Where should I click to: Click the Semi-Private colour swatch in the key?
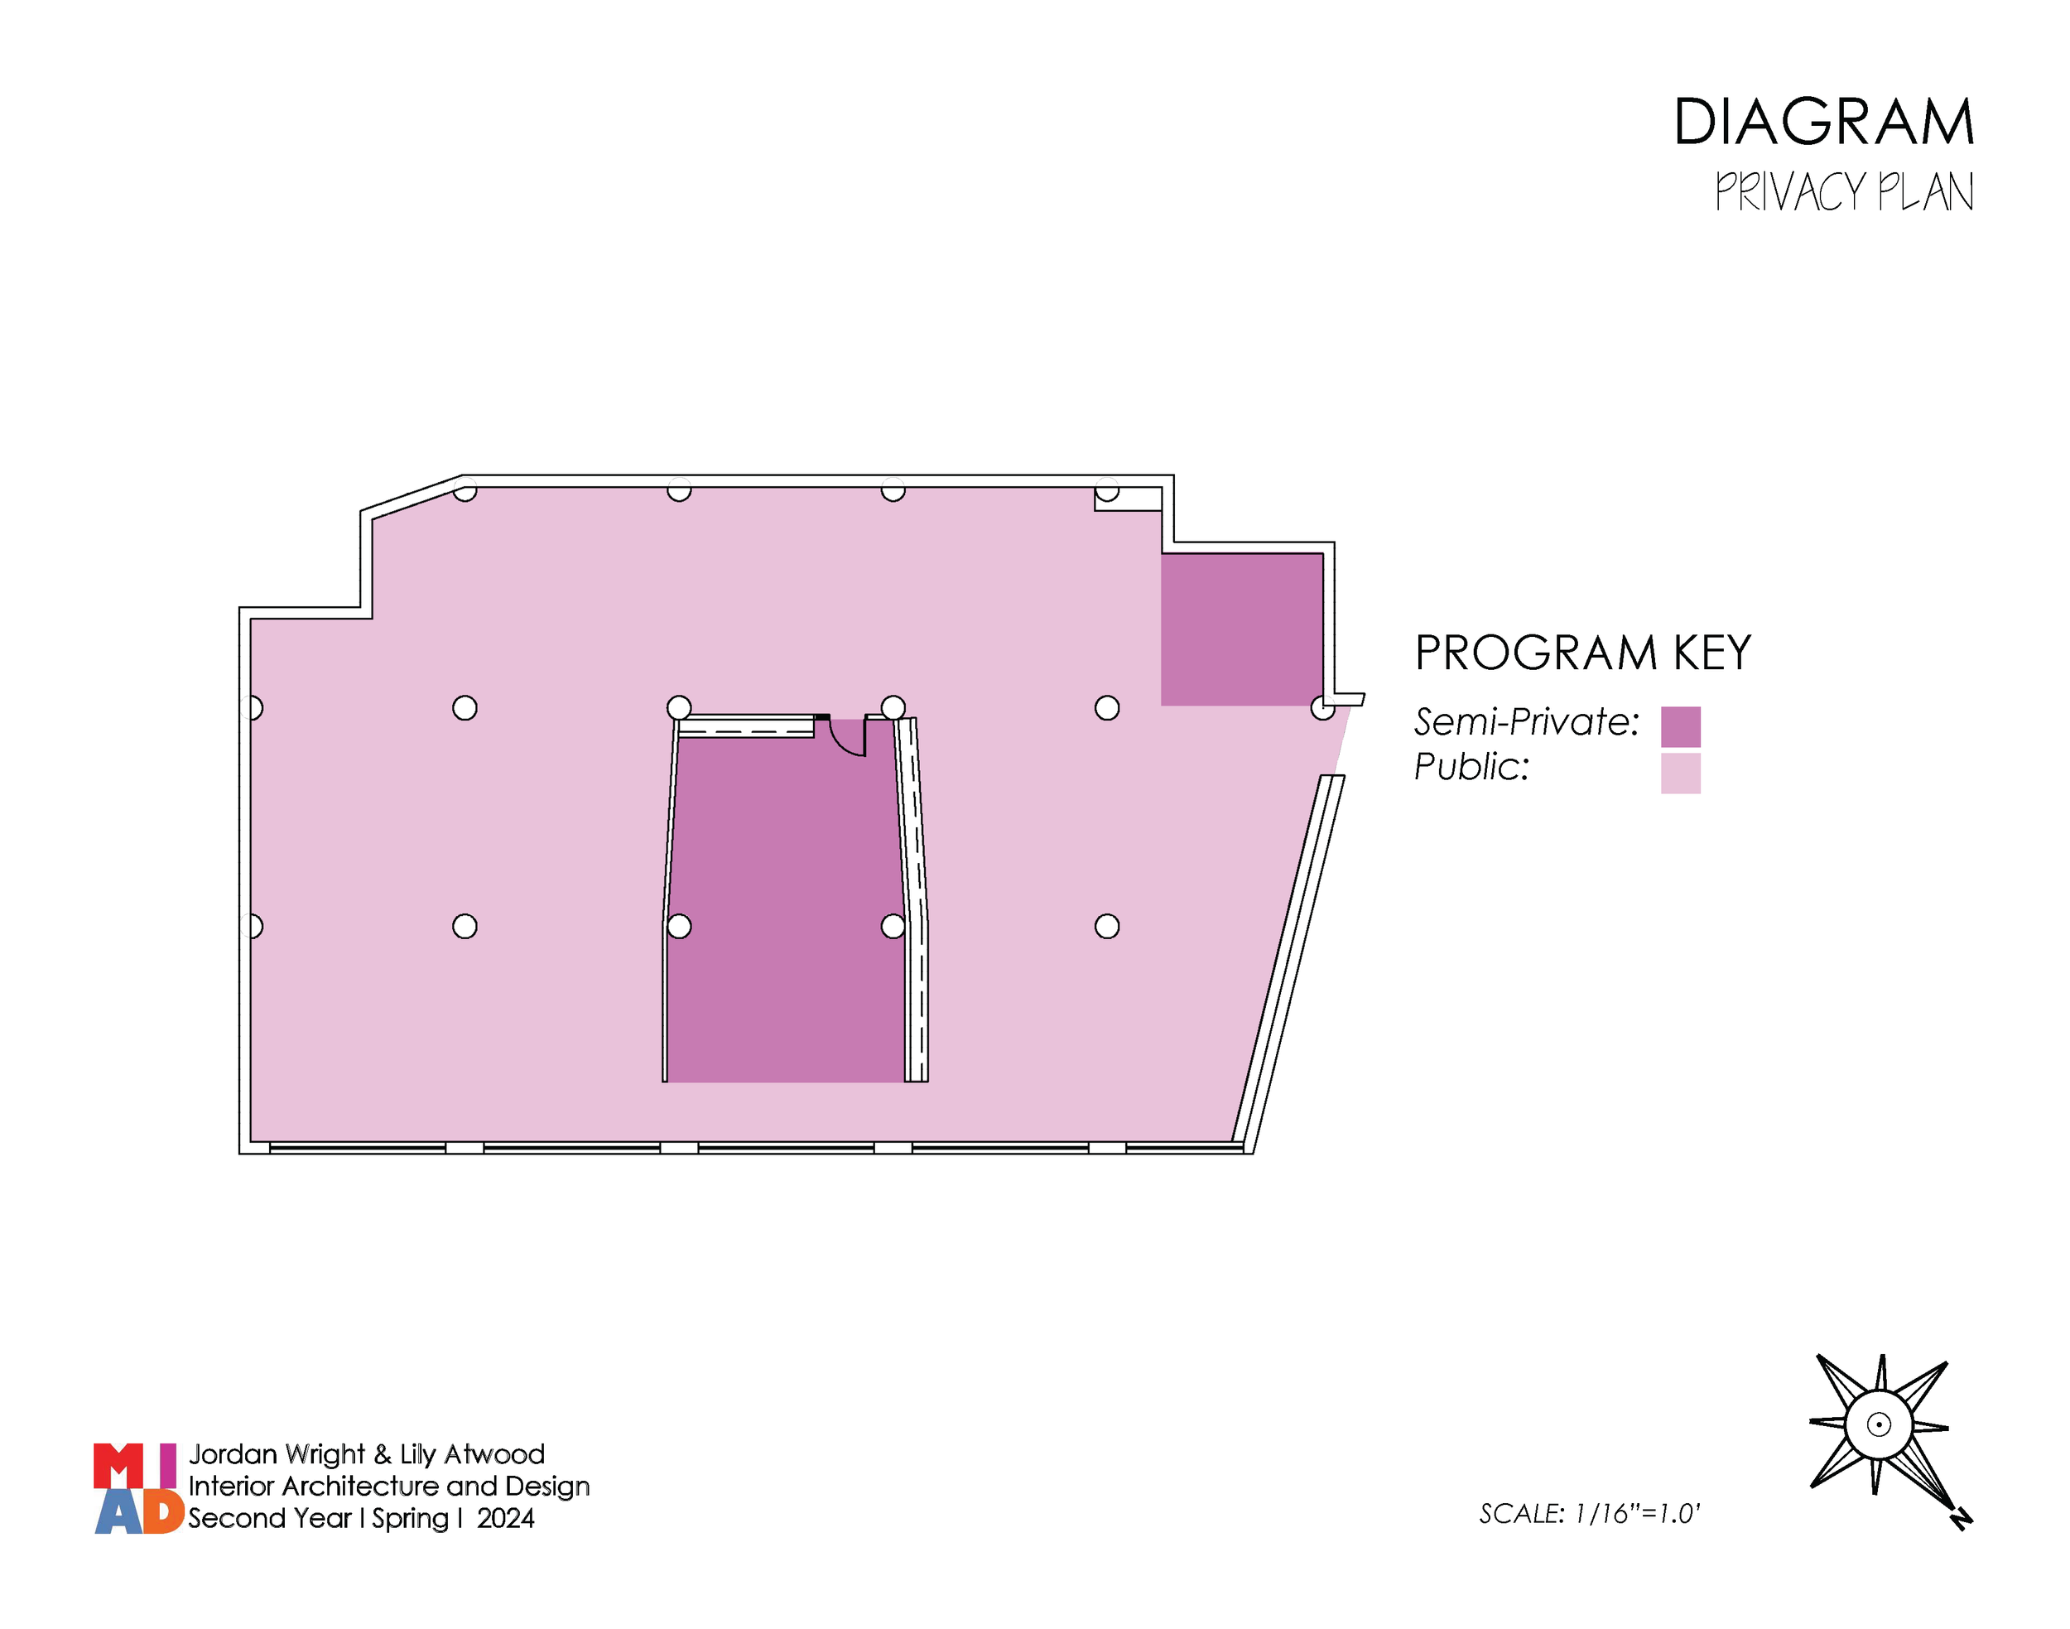tap(1680, 727)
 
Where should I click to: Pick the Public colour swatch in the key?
tap(1680, 774)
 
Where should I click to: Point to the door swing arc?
tap(845, 742)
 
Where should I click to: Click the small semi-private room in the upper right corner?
tap(1240, 629)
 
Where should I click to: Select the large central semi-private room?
tap(786, 906)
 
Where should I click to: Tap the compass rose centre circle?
tap(1877, 1425)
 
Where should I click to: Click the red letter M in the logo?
tap(118, 1466)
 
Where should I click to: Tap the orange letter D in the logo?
tap(163, 1511)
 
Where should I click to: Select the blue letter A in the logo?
tap(118, 1512)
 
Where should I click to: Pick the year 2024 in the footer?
tap(505, 1518)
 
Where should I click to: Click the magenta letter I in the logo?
tap(168, 1466)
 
